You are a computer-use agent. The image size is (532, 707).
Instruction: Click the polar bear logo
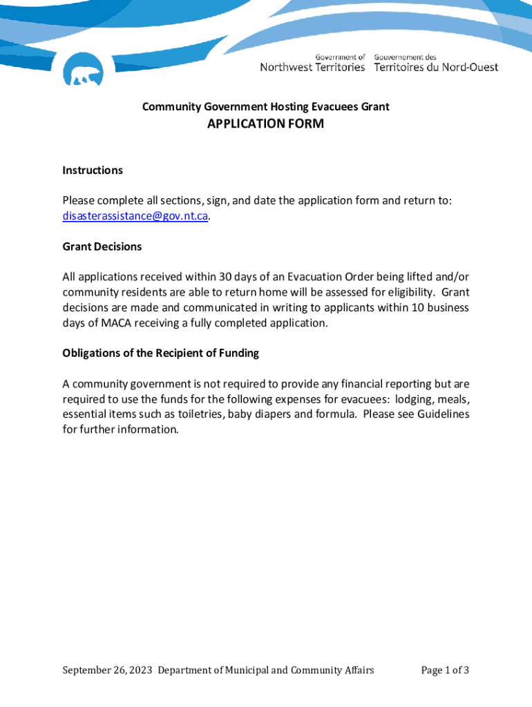coord(83,70)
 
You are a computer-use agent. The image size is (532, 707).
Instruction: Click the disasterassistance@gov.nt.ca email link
coord(135,215)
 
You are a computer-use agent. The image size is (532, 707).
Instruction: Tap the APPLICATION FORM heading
coord(265,124)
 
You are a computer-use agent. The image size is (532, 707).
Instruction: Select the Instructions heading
coord(93,171)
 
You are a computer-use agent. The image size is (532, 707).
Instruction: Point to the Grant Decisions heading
coord(102,246)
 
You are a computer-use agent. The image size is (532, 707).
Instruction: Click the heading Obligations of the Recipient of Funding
coord(160,353)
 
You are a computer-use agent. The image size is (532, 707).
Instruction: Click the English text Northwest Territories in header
coord(312,67)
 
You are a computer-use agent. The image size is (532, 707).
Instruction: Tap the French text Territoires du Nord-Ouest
coord(436,67)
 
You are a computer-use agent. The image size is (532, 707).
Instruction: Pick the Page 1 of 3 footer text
coord(445,670)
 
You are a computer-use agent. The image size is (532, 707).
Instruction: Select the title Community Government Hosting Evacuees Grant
coord(265,106)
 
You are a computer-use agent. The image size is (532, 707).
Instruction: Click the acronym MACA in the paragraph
coord(117,322)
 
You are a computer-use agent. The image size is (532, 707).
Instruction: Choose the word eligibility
coord(408,292)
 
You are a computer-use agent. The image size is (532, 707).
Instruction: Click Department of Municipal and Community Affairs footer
coord(266,670)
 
